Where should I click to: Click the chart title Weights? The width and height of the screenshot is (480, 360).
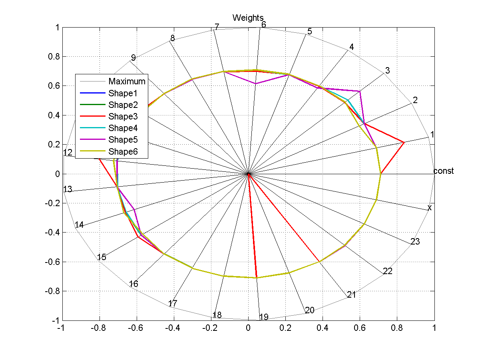pos(248,18)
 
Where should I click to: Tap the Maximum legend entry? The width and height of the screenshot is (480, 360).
pos(127,81)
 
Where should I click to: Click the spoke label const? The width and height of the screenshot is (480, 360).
pos(444,171)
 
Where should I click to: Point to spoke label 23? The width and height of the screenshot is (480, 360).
pos(415,241)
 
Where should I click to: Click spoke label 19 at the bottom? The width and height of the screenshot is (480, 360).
pos(264,317)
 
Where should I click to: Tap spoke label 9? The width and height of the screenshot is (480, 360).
pos(133,58)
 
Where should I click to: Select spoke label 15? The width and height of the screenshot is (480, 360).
pos(102,257)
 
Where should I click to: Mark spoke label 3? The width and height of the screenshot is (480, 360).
pos(387,71)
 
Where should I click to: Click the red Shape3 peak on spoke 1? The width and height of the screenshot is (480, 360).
pos(404,142)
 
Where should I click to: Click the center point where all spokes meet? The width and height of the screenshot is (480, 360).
pos(248,174)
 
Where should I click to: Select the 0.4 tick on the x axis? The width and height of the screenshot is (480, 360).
pos(323,328)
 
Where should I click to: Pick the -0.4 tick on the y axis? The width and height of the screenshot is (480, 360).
pos(53,233)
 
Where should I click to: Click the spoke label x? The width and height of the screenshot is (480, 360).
pos(430,208)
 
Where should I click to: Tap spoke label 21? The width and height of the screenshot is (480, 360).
pos(351,295)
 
